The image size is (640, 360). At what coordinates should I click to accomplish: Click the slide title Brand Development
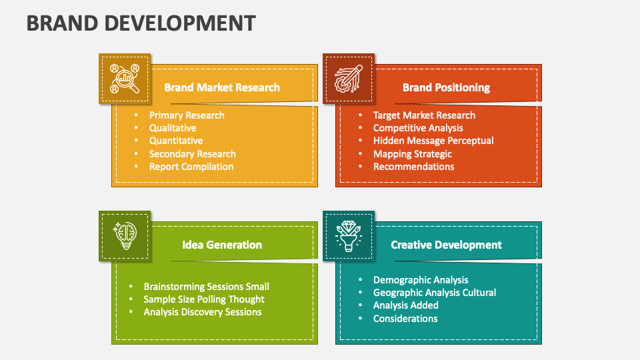[141, 23]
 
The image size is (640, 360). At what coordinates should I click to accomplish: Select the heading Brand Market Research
[222, 87]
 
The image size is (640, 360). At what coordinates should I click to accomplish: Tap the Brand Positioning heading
[446, 87]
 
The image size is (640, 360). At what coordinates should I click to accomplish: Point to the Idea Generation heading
[222, 245]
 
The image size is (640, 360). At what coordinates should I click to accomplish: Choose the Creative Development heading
[446, 245]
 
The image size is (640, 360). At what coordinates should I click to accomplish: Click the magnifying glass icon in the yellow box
[125, 79]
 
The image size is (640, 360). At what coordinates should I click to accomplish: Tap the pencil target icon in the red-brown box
[349, 79]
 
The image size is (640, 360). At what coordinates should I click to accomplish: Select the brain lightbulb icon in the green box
[125, 236]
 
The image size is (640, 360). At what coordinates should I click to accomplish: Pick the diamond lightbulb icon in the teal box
[349, 236]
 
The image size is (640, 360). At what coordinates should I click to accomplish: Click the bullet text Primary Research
[187, 115]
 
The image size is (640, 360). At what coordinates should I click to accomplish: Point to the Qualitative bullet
[173, 128]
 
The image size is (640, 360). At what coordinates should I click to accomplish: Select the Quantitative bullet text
[176, 141]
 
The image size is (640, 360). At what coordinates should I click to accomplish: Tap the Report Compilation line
[191, 167]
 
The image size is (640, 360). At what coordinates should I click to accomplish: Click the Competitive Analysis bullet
[418, 128]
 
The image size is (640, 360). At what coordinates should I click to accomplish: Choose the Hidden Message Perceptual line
[433, 141]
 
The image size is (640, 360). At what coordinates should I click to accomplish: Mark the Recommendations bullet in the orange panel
[413, 167]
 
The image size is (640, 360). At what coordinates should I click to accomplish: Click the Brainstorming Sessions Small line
[206, 287]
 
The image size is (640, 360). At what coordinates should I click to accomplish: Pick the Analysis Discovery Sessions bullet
[203, 312]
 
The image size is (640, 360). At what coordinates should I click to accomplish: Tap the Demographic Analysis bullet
[421, 280]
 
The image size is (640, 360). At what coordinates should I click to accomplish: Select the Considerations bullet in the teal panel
[405, 319]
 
